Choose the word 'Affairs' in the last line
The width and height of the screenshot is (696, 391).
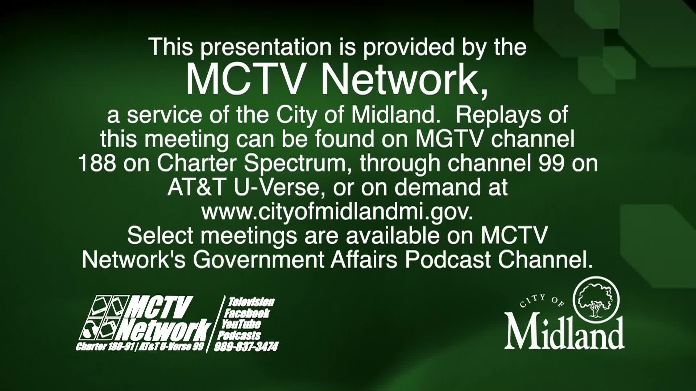(x=364, y=259)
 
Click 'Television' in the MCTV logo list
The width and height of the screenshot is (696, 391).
(x=251, y=302)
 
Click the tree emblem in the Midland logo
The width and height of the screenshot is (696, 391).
(x=596, y=299)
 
